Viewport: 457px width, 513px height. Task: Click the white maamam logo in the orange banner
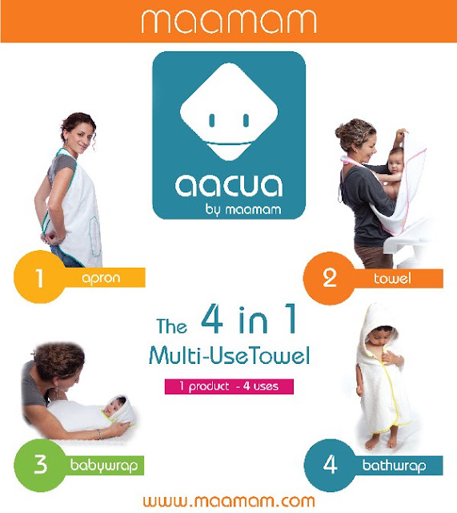click(x=229, y=21)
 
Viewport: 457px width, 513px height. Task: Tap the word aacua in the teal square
click(x=229, y=185)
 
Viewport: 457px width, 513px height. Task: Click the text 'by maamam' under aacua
click(x=243, y=209)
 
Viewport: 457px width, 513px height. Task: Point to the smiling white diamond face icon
click(x=229, y=111)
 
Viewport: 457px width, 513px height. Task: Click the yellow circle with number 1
click(x=39, y=277)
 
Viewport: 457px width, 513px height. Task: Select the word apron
click(x=102, y=278)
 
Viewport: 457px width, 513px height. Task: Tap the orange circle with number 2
click(x=329, y=278)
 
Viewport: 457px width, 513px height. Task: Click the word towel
click(x=392, y=278)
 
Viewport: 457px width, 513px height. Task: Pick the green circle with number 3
click(x=39, y=465)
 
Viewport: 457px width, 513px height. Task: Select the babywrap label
click(x=104, y=466)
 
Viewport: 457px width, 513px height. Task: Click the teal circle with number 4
click(x=330, y=465)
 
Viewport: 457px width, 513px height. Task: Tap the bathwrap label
click(x=395, y=465)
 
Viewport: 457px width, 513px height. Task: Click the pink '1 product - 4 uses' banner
click(x=229, y=386)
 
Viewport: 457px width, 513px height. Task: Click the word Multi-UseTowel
click(x=229, y=355)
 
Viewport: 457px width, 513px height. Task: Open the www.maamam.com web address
click(x=229, y=501)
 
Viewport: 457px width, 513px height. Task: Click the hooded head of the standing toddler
click(x=380, y=329)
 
